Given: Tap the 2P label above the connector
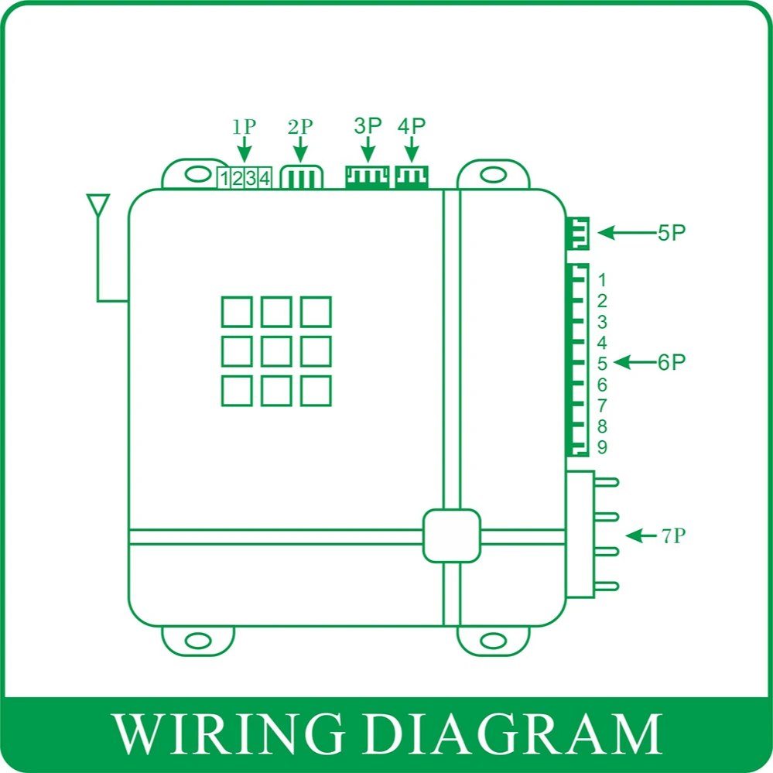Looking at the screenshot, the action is coord(300,127).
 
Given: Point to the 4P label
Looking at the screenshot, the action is coord(411,126).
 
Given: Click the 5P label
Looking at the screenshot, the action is coord(672,233).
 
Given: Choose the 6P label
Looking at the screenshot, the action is coord(672,362).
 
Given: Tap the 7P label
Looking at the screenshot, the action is coord(674,535).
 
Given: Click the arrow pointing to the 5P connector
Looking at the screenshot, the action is coord(624,232).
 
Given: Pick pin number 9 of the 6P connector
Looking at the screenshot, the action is coord(602,448).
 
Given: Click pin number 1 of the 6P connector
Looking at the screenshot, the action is coord(602,280).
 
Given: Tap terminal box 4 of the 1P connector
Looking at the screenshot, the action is coord(265,180).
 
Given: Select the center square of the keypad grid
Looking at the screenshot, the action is coord(276,351).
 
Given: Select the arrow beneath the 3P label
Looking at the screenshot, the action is coord(368,149).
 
